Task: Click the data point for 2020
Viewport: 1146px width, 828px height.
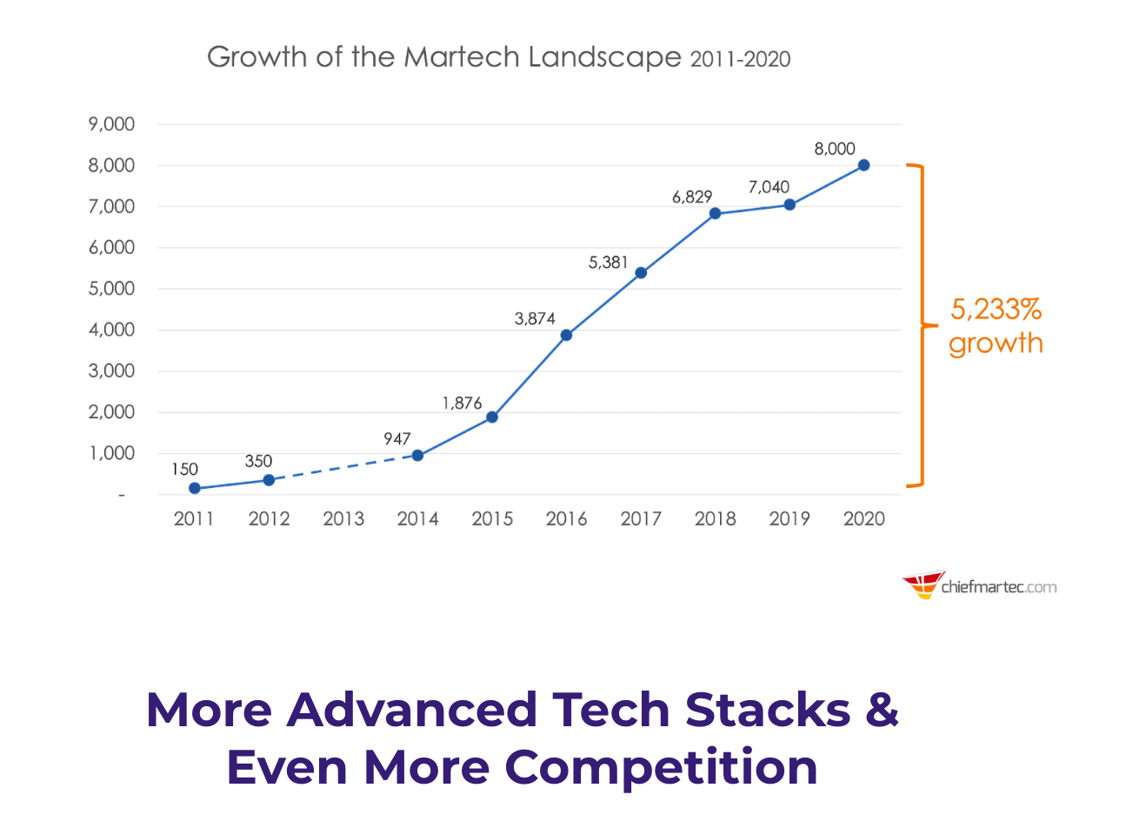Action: (863, 165)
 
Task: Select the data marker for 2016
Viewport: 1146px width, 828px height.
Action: (566, 335)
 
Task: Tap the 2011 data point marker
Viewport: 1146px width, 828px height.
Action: (195, 488)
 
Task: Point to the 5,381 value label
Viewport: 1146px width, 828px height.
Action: (608, 263)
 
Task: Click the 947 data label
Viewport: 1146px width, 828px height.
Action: (397, 438)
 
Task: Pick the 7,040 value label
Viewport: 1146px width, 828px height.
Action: (769, 187)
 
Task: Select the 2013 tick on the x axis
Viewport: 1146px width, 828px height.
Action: (343, 519)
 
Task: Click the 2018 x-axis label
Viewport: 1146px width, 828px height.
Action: (716, 519)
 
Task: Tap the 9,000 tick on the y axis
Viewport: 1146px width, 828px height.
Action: (111, 124)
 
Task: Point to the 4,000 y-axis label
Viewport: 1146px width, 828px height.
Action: (111, 330)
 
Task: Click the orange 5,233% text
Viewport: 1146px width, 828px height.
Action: (996, 309)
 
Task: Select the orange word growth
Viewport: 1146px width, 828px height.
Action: (996, 343)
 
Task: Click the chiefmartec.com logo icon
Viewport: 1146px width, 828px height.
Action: (923, 584)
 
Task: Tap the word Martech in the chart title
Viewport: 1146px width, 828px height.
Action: (462, 57)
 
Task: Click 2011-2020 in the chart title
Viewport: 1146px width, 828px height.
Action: (740, 59)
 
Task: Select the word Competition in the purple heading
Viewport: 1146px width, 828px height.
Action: (661, 768)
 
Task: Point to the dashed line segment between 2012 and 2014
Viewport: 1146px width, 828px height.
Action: (343, 467)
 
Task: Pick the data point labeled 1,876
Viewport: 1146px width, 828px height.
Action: (492, 417)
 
